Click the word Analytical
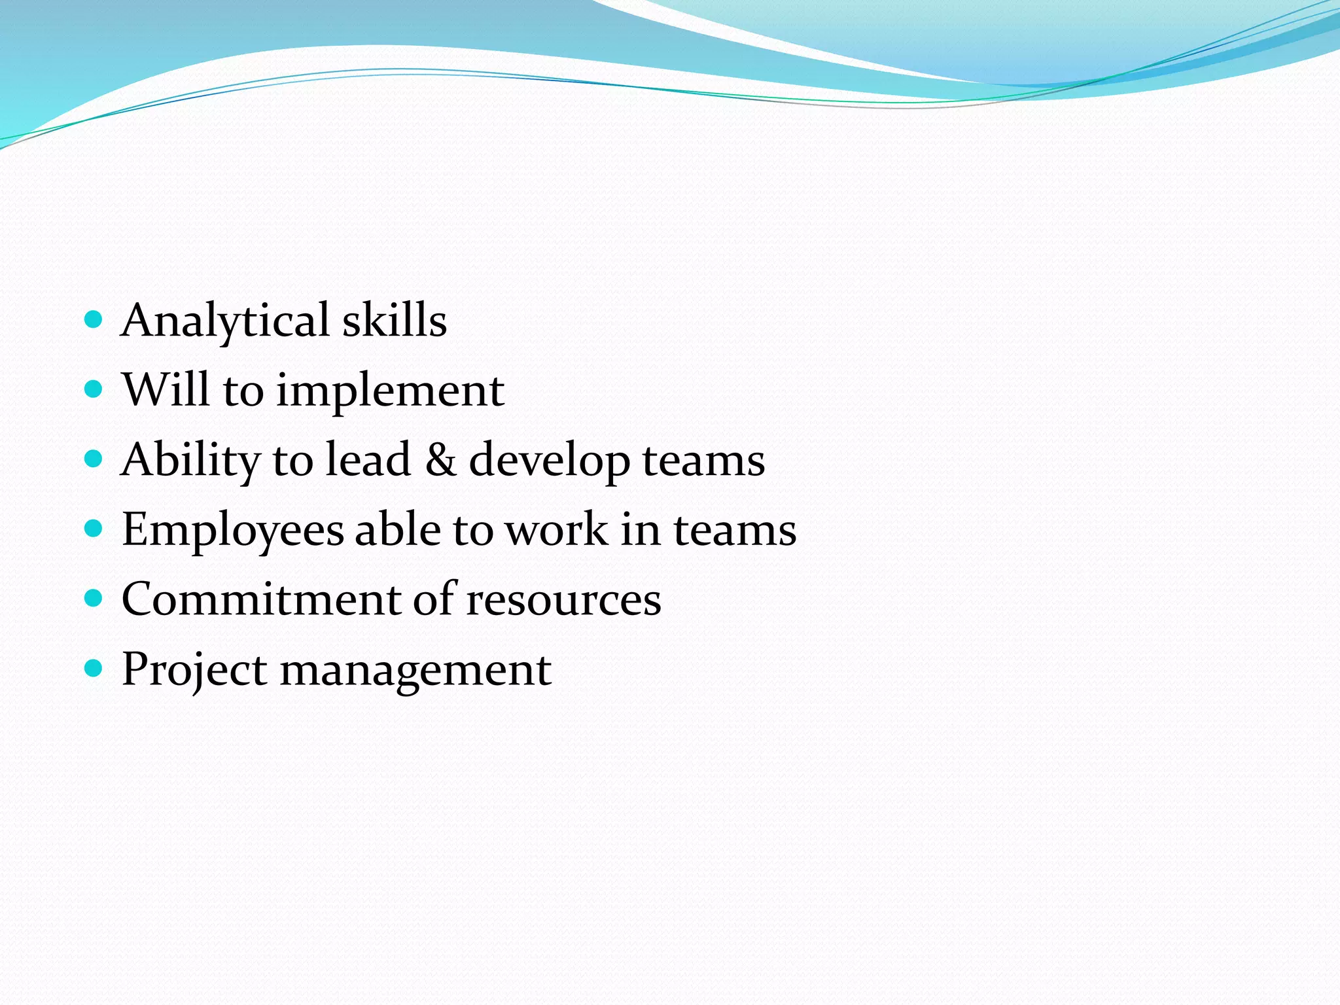click(x=225, y=321)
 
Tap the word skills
click(x=395, y=321)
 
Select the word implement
click(x=390, y=391)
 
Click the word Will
click(x=166, y=390)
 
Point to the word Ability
click(x=191, y=461)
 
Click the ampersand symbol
click(x=440, y=459)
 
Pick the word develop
click(x=550, y=461)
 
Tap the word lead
click(x=368, y=459)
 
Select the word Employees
click(x=232, y=531)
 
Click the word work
click(x=557, y=529)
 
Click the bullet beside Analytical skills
click(x=94, y=320)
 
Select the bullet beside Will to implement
click(x=94, y=390)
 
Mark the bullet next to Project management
click(x=94, y=669)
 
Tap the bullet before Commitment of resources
click(x=94, y=599)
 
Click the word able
click(x=398, y=529)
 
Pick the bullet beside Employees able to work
click(x=94, y=529)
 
